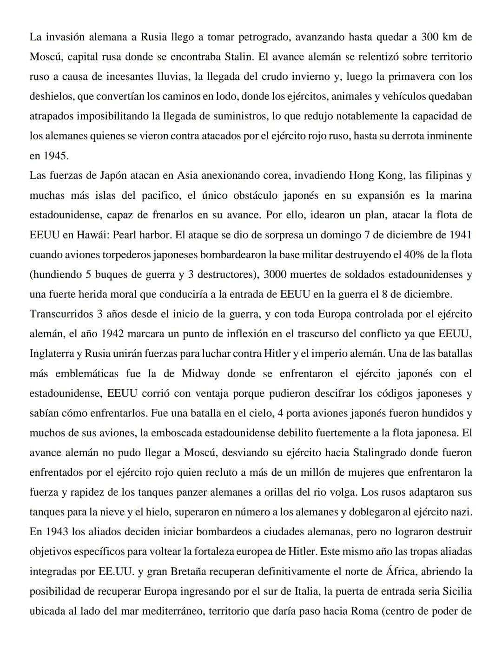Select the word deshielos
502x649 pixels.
[x=52, y=97]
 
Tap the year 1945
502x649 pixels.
[x=56, y=156]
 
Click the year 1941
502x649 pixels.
[x=460, y=235]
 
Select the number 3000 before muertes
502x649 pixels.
[x=277, y=275]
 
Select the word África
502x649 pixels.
[x=401, y=571]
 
